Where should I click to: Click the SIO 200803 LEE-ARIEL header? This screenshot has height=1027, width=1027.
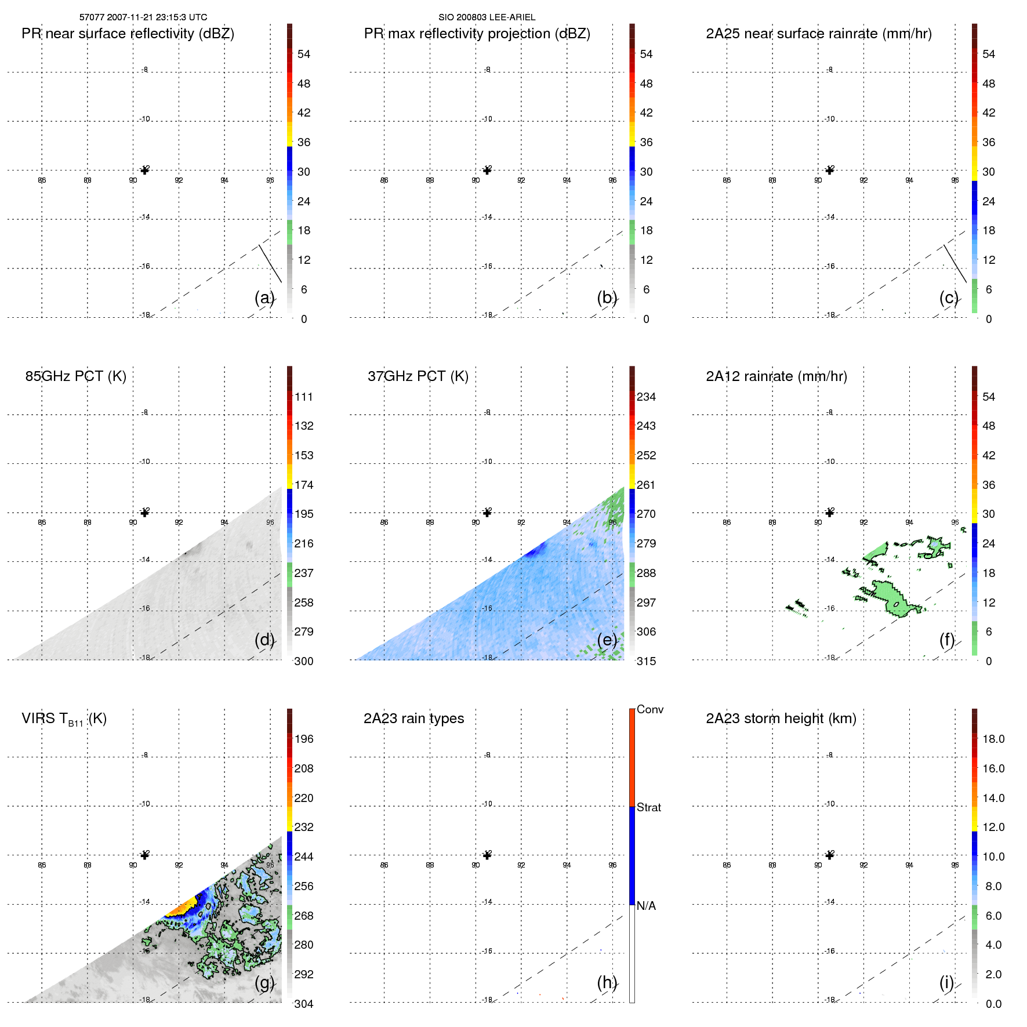487,17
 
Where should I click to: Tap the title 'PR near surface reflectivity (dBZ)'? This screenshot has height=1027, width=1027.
128,34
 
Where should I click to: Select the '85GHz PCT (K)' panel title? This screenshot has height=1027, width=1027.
75,376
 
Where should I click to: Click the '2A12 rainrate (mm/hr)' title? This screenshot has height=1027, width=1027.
776,376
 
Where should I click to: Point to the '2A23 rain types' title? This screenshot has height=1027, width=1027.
413,718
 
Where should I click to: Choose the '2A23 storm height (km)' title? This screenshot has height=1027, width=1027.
781,718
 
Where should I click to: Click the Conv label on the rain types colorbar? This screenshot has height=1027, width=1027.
649,709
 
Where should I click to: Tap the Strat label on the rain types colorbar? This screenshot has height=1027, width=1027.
648,807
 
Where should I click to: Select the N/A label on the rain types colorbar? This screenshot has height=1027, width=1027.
646,906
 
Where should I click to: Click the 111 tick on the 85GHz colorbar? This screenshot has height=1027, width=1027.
303,397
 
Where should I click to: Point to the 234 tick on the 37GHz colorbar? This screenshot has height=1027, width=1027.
646,397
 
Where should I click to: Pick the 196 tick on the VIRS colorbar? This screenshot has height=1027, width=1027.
303,739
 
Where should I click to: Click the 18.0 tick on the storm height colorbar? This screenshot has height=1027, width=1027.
993,739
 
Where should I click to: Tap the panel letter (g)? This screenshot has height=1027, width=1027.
264,982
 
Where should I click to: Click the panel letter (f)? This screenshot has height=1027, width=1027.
946,640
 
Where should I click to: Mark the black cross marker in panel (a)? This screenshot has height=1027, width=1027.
145,170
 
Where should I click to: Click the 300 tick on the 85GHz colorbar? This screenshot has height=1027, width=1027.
303,661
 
